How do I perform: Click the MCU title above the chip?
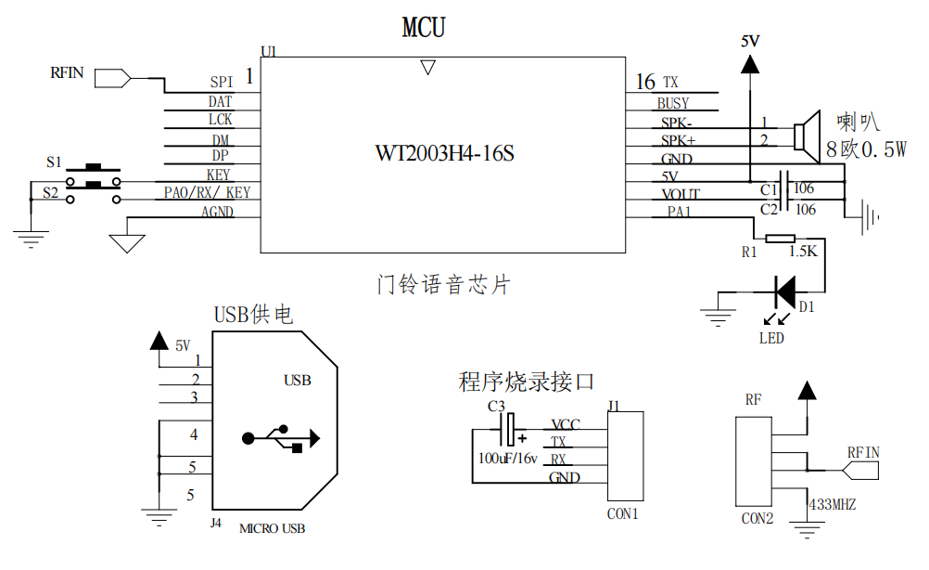(423, 28)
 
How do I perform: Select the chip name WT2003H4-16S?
(444, 153)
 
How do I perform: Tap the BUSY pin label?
(673, 103)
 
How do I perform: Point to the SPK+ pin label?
(677, 140)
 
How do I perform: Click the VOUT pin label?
(681, 195)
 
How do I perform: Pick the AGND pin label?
(217, 212)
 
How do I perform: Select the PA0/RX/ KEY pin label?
(207, 193)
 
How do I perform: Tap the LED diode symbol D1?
(784, 291)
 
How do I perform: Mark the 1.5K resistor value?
(803, 252)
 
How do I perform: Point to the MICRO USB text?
(272, 529)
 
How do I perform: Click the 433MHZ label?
(832, 505)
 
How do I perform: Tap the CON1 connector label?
(622, 513)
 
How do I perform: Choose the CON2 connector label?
(757, 518)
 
